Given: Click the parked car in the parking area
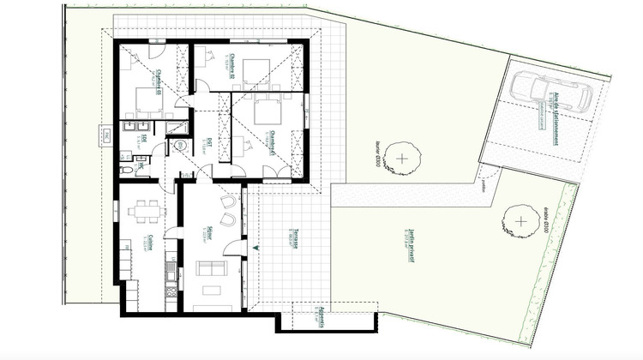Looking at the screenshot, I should [550, 88].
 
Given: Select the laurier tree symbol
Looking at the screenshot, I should [402, 158].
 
